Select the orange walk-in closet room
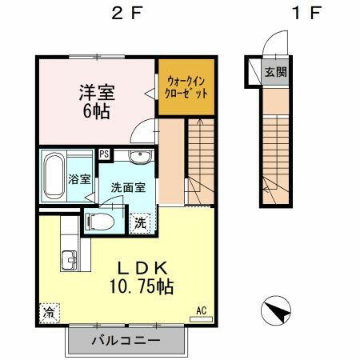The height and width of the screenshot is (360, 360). (x=186, y=86)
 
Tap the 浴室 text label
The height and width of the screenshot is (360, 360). (x=78, y=179)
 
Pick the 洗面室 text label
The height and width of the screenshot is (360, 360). (x=127, y=187)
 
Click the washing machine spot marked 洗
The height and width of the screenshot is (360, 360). (x=139, y=222)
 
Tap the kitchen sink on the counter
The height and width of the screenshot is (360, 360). (x=67, y=260)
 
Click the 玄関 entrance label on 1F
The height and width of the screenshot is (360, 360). (x=275, y=72)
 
